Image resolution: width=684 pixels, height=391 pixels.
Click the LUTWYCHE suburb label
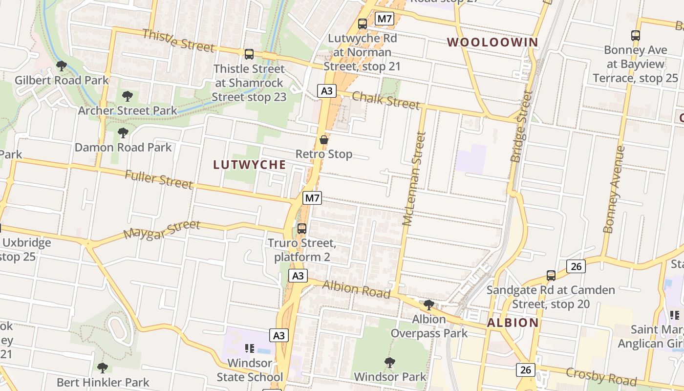pos(250,165)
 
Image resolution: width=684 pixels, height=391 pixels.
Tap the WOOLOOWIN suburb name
pos(492,42)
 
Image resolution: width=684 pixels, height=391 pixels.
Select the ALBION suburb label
pos(513,323)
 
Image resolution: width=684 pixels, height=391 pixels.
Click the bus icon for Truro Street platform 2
pos(302,228)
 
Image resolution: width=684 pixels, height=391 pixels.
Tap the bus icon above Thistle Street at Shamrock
pos(249,54)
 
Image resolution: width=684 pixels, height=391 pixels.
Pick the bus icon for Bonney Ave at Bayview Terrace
pos(635,35)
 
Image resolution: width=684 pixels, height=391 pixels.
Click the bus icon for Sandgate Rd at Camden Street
pos(551,276)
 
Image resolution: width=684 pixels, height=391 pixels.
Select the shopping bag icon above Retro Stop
pos(323,140)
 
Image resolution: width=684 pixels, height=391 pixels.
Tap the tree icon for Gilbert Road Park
pos(62,65)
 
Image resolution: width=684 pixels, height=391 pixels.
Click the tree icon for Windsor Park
pos(389,362)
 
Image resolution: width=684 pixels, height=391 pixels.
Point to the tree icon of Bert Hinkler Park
pos(102,368)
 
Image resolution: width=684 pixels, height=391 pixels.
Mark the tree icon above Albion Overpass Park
pos(429,305)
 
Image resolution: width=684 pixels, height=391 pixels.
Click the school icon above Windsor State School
pos(250,348)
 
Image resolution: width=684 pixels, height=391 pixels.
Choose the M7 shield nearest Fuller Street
pos(312,198)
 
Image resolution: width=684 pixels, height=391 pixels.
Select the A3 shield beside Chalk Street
pos(327,90)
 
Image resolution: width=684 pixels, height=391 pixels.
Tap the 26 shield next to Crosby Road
pos(526,369)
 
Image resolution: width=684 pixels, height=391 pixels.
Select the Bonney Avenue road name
pos(614,189)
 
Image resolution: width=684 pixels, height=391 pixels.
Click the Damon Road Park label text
pos(123,147)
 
